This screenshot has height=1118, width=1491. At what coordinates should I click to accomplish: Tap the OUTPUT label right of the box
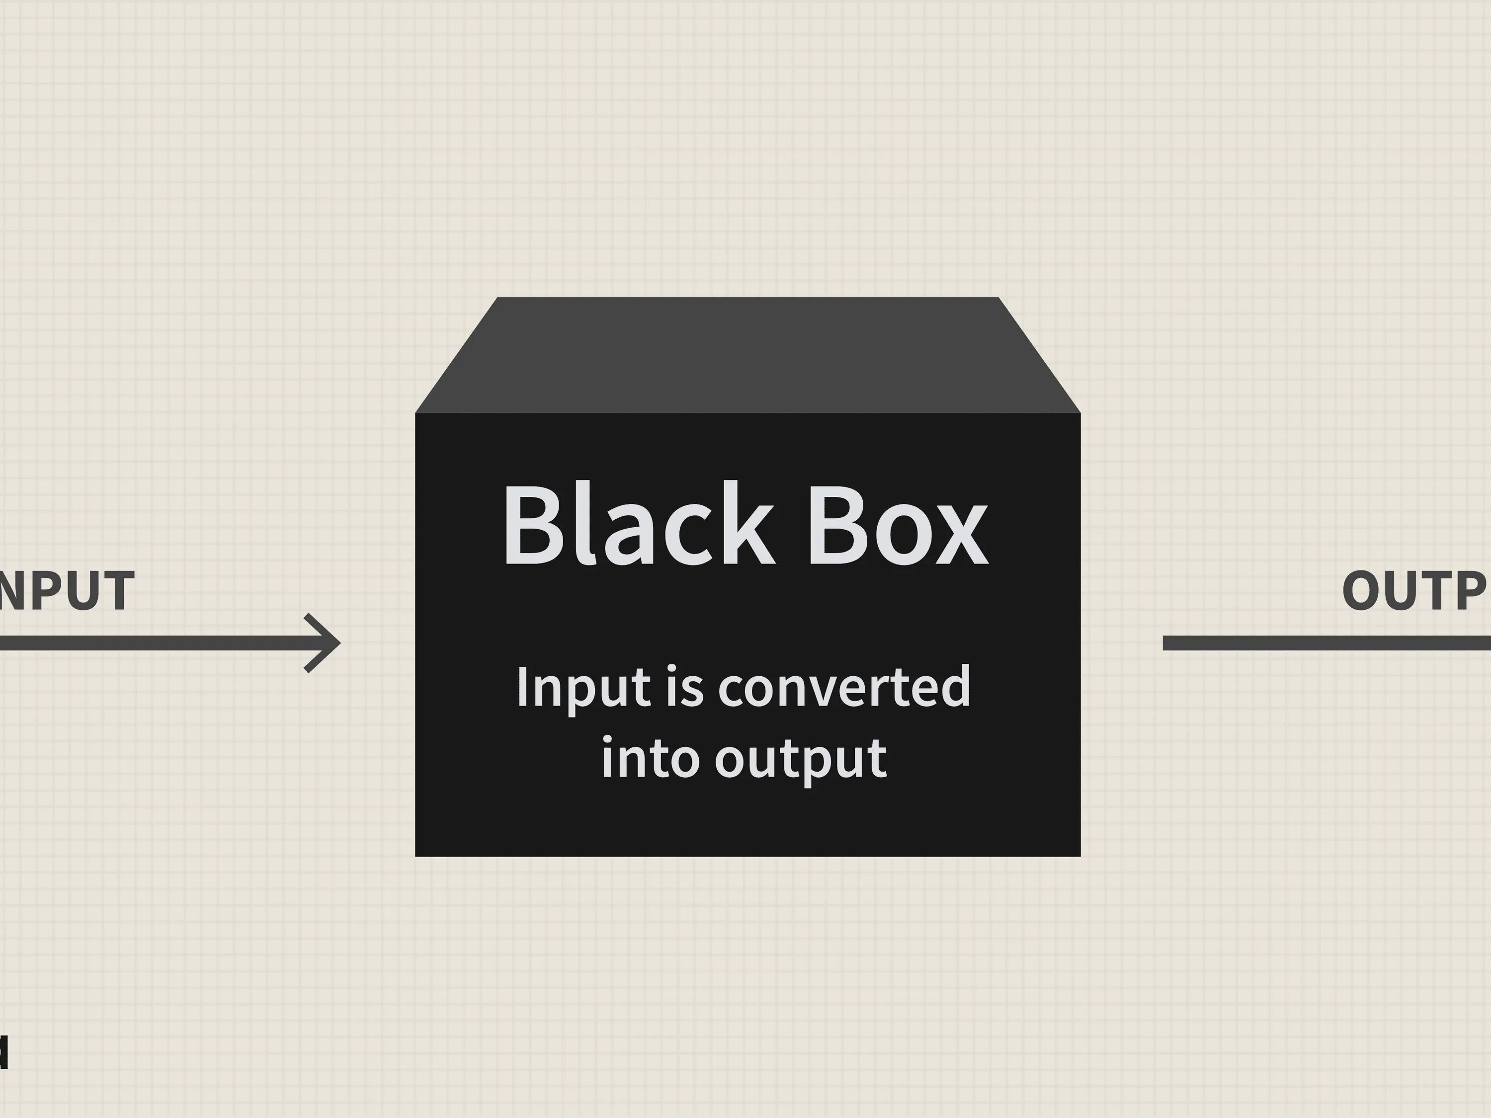click(x=1415, y=591)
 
